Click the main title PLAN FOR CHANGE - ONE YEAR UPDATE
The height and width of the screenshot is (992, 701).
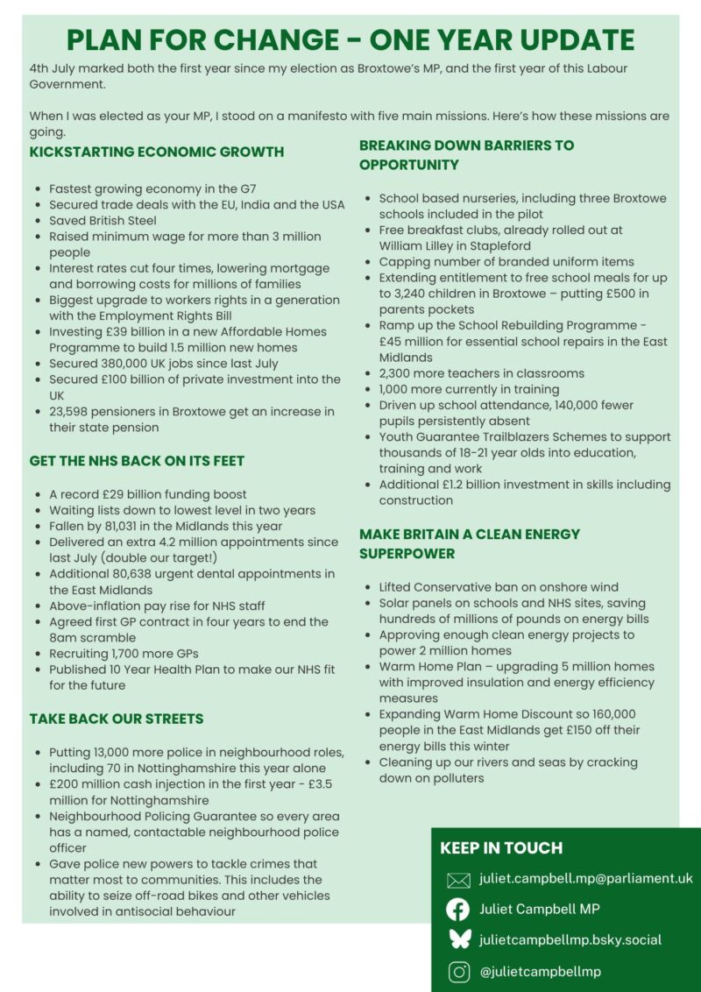[350, 40]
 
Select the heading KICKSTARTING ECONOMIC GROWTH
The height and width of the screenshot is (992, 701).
[157, 152]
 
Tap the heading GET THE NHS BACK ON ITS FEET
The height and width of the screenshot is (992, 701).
[137, 461]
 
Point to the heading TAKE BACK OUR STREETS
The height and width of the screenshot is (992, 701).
[117, 719]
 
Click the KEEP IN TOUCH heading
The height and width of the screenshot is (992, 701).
[501, 847]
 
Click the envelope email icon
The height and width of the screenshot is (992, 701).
[458, 880]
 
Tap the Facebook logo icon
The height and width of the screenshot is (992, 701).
[458, 910]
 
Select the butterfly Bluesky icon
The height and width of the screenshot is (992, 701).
[458, 940]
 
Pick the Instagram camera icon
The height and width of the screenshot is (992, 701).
[458, 972]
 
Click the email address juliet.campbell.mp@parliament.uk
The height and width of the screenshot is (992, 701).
[586, 878]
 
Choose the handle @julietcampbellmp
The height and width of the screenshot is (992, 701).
[540, 972]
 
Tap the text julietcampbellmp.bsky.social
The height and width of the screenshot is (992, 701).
[570, 940]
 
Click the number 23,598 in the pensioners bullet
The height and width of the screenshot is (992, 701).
[73, 412]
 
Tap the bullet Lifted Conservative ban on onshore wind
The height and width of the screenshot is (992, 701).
[499, 587]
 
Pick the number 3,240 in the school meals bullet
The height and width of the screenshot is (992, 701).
[406, 294]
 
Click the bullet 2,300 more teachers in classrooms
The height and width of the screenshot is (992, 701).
[481, 373]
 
